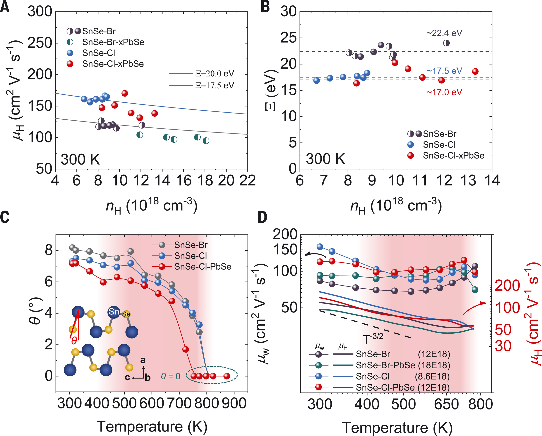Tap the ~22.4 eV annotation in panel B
pyautogui.click(x=444, y=33)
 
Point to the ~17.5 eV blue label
pyautogui.click(x=444, y=71)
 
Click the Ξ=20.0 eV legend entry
pyautogui.click(x=215, y=73)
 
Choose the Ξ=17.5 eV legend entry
pyautogui.click(x=215, y=86)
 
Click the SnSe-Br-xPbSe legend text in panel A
pyautogui.click(x=113, y=42)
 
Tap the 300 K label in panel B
pyautogui.click(x=326, y=159)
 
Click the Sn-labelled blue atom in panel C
pyautogui.click(x=114, y=312)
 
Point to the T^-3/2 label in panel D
pyautogui.click(x=373, y=339)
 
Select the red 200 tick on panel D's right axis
pyautogui.click(x=507, y=286)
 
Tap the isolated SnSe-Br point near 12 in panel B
pyautogui.click(x=446, y=43)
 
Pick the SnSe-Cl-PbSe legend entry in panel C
pyautogui.click(x=203, y=267)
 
